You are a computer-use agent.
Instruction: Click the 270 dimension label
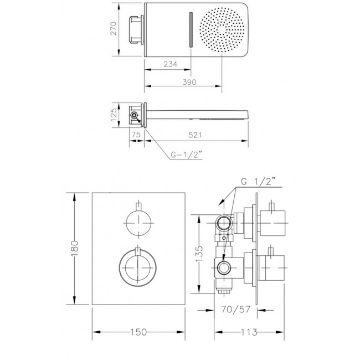114,29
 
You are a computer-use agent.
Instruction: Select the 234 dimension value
171,64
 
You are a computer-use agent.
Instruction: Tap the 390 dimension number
189,82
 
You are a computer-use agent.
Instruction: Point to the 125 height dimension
114,115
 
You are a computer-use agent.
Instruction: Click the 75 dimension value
136,135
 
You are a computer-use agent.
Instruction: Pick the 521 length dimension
195,135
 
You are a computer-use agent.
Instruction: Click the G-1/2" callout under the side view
187,155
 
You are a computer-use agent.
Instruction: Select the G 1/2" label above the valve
258,182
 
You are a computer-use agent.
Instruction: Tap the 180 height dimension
74,249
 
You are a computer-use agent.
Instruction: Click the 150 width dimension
138,332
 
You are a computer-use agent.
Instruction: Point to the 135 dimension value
199,254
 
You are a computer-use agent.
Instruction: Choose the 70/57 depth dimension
235,310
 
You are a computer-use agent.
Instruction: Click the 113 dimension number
249,332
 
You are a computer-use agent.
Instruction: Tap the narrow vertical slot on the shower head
191,30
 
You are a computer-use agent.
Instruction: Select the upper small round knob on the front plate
138,223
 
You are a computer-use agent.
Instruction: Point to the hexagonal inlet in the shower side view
133,115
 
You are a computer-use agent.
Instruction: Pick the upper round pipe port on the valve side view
224,223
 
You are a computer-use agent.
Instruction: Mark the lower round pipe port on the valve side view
223,268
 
